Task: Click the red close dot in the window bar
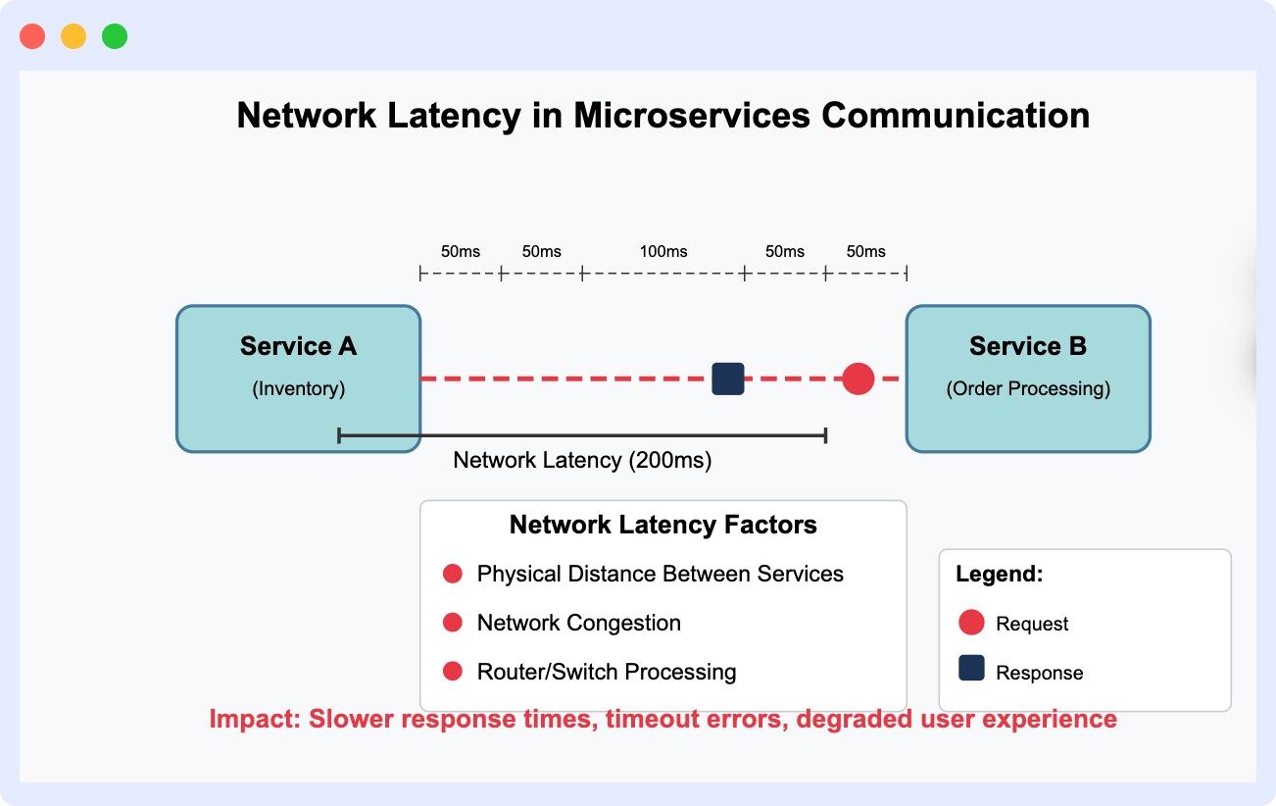[32, 37]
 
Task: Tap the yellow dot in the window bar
[74, 37]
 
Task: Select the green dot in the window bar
[115, 37]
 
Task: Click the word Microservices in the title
[692, 116]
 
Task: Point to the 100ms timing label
[663, 252]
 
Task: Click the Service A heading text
[298, 346]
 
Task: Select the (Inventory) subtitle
[298, 389]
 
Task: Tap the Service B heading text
[1027, 346]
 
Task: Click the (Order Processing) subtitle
[1027, 389]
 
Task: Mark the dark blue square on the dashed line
[727, 378]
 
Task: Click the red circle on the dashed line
[858, 378]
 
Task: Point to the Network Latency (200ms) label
[582, 460]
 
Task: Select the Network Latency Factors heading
[663, 526]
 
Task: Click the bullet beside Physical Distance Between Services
[453, 574]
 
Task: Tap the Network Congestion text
[578, 623]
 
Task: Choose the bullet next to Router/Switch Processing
[453, 672]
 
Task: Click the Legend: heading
[1000, 575]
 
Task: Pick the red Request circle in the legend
[971, 623]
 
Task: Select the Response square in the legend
[971, 669]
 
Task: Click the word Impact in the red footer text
[254, 719]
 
